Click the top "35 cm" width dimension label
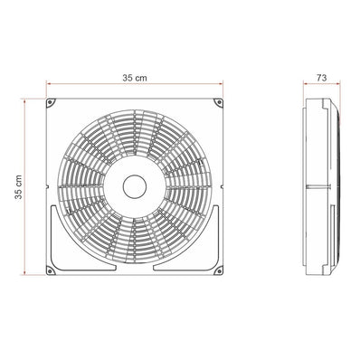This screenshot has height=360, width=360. [x=135, y=80]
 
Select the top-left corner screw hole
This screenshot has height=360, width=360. [x=52, y=103]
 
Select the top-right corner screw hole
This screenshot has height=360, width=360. [x=217, y=103]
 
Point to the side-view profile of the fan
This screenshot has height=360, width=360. [x=323, y=186]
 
